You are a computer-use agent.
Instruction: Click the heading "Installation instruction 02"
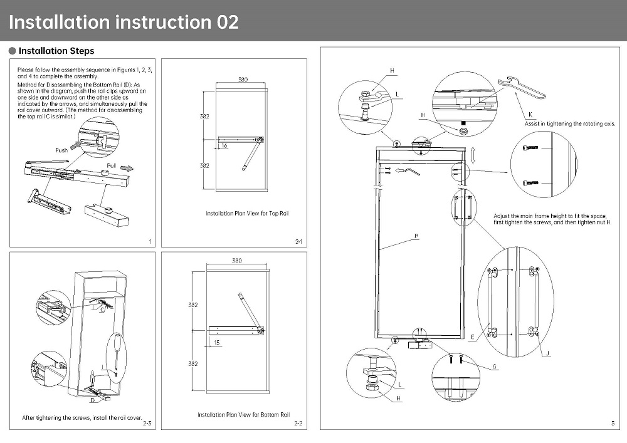pos(124,22)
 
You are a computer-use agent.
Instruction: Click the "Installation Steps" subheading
pos(56,51)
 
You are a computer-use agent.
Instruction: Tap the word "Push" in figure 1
pos(61,150)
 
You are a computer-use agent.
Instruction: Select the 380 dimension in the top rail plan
pos(243,80)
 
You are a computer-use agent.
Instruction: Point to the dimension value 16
pos(224,145)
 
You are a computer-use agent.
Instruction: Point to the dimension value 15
pos(217,343)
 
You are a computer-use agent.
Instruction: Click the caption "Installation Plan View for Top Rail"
pos(247,214)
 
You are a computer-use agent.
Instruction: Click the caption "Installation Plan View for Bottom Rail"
pos(243,415)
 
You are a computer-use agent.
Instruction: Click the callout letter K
pos(530,115)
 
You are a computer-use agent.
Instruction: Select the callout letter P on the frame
pos(415,236)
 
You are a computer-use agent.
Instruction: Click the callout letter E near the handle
pos(472,336)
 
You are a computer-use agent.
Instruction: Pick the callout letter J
pos(547,354)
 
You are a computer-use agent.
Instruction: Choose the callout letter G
pos(494,367)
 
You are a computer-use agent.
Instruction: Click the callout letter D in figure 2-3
pos(92,399)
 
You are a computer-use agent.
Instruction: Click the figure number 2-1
pos(298,241)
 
